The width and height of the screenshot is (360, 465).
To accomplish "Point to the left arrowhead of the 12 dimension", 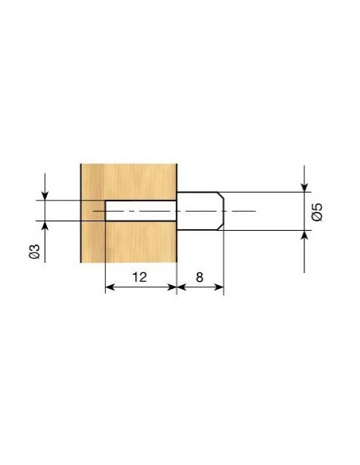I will (x=110, y=288).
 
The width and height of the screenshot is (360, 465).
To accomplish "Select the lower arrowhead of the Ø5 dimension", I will (x=304, y=236).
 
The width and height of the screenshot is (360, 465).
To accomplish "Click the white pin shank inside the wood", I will (x=140, y=211).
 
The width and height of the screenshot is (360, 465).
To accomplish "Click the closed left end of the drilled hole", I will (x=106, y=211).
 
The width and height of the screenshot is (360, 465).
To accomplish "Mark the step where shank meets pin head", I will (x=176, y=211).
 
